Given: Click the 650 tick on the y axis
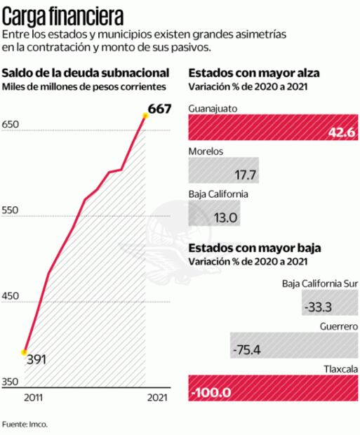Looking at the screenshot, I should tap(12, 125).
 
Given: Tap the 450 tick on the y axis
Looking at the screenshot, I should tap(12, 296).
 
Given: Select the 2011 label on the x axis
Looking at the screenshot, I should tap(33, 398).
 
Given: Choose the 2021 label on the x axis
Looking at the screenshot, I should tap(156, 398).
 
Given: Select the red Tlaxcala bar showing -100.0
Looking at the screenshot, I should tap(273, 389).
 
